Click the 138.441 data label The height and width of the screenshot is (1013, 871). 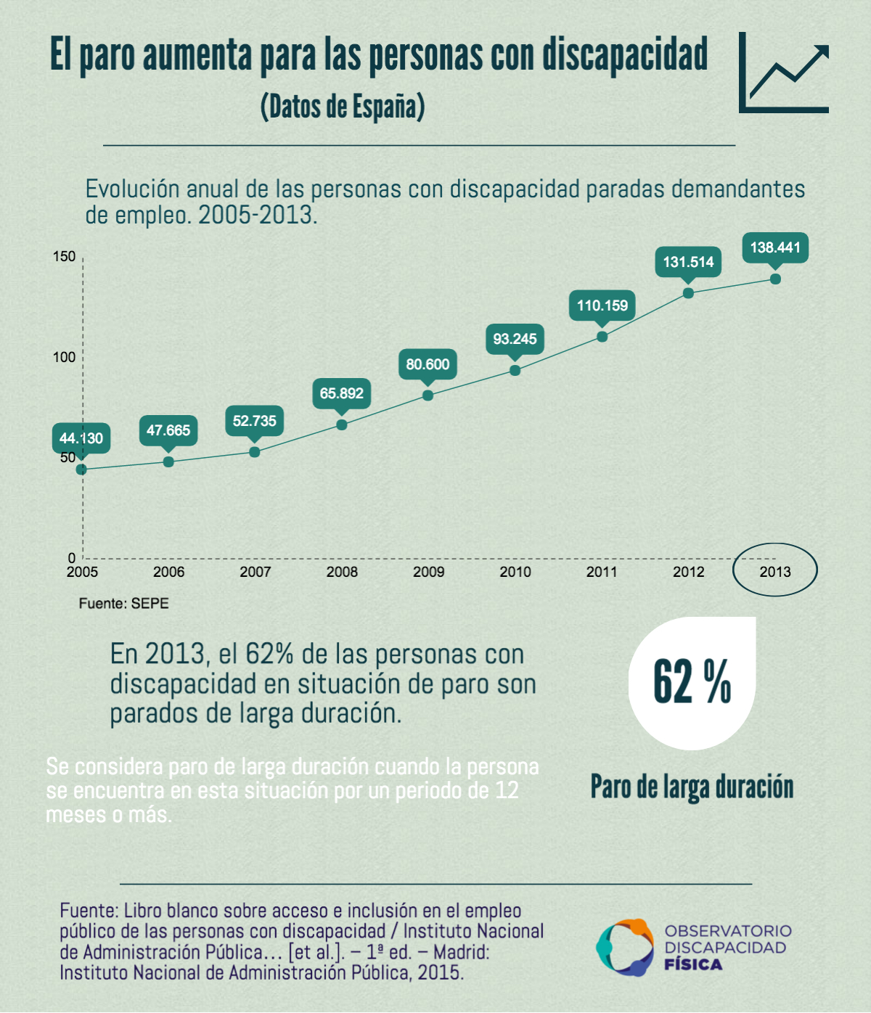(775, 247)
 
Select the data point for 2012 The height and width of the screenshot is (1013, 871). (688, 293)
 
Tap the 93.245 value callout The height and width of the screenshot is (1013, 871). (515, 339)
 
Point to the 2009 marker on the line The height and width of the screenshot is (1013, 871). (428, 395)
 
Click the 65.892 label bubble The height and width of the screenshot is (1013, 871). (342, 393)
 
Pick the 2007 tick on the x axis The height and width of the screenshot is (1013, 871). (255, 572)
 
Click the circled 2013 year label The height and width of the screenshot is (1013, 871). (775, 572)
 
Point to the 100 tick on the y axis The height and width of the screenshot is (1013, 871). (64, 357)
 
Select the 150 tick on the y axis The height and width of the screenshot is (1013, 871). (64, 257)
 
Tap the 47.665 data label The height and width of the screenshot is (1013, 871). (168, 430)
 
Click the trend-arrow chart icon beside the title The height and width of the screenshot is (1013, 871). (784, 73)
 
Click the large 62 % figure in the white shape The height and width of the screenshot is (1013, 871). (692, 682)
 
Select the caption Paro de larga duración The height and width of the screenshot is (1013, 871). (692, 787)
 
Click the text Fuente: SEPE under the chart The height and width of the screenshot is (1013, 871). (123, 603)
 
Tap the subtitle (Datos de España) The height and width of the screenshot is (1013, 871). (343, 107)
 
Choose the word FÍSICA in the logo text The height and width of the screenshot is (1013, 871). (693, 964)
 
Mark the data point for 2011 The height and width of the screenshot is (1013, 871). (602, 337)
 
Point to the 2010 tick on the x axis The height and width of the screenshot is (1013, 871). (515, 572)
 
